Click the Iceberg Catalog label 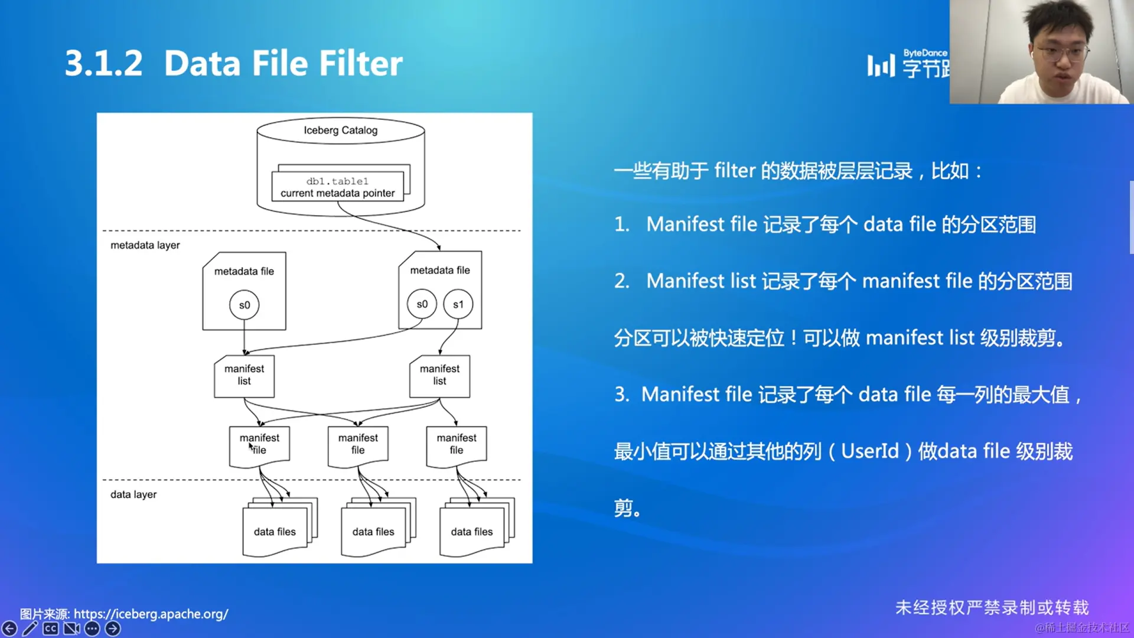340,130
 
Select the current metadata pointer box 337,187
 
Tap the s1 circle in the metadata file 458,304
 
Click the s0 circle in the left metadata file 244,305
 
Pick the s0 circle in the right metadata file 422,304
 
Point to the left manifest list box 244,376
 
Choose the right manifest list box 439,376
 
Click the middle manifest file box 358,446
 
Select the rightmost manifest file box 457,446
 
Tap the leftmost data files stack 280,527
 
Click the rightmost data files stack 477,527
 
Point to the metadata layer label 145,245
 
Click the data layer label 133,494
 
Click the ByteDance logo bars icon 881,65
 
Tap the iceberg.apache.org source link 151,614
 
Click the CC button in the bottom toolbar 51,629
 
